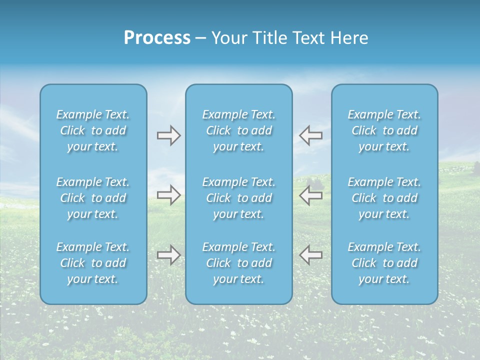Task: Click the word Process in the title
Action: point(157,38)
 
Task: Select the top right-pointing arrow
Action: point(168,135)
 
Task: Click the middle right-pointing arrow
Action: point(168,195)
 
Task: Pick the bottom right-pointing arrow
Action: point(168,255)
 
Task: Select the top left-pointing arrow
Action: point(310,135)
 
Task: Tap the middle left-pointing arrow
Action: point(310,195)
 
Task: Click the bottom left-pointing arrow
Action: point(310,255)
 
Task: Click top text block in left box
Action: point(93,130)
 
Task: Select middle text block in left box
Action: point(93,198)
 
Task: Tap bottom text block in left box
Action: point(93,263)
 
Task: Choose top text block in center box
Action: point(239,130)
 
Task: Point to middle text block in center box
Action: point(239,198)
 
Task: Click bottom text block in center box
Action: point(239,263)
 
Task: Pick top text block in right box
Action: point(384,130)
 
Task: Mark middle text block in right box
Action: point(384,198)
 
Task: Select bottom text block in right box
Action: point(384,263)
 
